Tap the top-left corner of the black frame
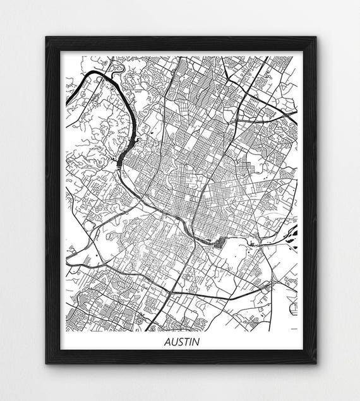(46, 37)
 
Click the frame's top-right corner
(315, 37)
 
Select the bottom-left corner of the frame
(46, 364)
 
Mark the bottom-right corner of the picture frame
(315, 364)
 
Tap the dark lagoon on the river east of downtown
(219, 242)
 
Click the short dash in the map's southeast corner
(292, 328)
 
